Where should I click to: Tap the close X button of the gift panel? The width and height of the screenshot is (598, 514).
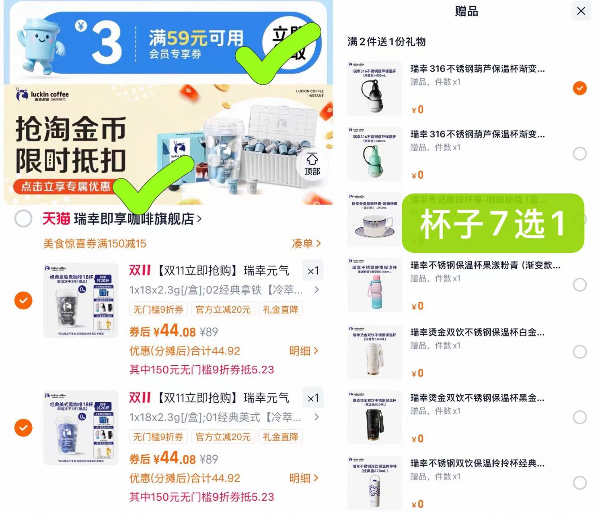tap(581, 11)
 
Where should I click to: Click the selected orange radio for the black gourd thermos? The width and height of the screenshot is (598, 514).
tap(580, 88)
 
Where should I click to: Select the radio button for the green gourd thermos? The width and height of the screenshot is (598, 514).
tap(580, 154)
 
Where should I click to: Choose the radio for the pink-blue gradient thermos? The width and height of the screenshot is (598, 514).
tap(580, 285)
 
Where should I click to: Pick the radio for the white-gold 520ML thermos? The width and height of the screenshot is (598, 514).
tap(580, 352)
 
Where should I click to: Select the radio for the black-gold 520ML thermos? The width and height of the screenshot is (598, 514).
tap(580, 418)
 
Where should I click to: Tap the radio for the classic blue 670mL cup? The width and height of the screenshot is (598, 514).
tap(580, 483)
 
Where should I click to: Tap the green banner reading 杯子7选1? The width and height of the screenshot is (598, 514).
tap(493, 223)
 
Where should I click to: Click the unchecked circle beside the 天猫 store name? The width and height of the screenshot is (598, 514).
tap(23, 219)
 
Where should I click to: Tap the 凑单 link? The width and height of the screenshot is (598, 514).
tap(306, 244)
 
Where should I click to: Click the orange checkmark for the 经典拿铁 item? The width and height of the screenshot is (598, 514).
tap(23, 300)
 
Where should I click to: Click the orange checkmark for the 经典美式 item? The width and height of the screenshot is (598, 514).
tap(23, 428)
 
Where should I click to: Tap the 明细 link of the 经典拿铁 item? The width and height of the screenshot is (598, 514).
tap(304, 351)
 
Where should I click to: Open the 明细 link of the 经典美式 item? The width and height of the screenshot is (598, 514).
tap(304, 478)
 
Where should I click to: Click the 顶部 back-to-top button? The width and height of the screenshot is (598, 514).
tap(312, 164)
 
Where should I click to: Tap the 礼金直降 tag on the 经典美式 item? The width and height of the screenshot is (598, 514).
tap(280, 437)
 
